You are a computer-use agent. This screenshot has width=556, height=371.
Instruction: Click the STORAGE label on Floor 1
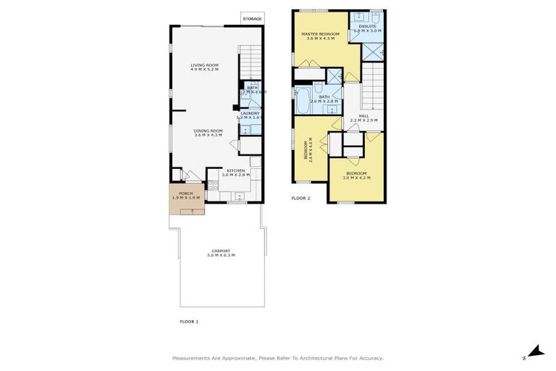[253, 19]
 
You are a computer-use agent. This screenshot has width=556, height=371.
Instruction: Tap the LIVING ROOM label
[204, 65]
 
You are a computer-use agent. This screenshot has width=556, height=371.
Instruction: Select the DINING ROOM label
[208, 130]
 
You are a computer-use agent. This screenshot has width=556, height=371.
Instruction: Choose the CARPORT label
[221, 251]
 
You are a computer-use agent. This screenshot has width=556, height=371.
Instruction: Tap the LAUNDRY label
[250, 113]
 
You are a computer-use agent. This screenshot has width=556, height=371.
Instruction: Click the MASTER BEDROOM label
[321, 33]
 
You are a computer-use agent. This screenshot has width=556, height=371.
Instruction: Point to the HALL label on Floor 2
[363, 116]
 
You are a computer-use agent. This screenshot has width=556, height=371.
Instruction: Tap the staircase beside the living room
[249, 58]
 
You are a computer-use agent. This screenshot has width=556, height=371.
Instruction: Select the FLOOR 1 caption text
[189, 321]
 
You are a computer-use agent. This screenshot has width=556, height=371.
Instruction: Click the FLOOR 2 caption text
[300, 198]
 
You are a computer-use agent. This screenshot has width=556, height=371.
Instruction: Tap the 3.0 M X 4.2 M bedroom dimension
[356, 178]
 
